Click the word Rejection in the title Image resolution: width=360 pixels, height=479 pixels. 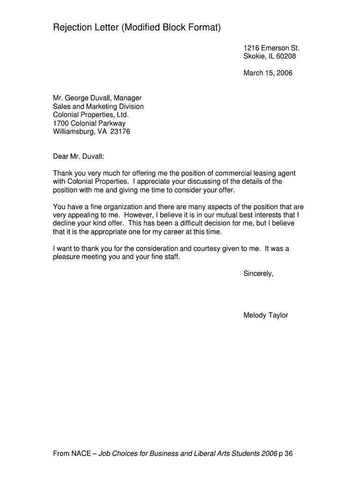pyautogui.click(x=73, y=29)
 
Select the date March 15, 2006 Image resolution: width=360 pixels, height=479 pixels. pyautogui.click(x=268, y=73)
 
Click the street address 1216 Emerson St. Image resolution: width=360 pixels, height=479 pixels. pyautogui.click(x=271, y=48)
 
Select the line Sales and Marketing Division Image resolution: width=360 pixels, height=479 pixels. pyautogui.click(x=98, y=107)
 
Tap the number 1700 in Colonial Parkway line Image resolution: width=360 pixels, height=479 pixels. pyautogui.click(x=60, y=123)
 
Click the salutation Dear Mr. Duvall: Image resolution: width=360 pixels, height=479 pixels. pyautogui.click(x=79, y=156)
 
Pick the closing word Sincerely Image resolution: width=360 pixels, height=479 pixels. pyautogui.click(x=258, y=274)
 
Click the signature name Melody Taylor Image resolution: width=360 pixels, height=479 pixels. pyautogui.click(x=266, y=315)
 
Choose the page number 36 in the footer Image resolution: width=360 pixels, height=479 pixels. pyautogui.click(x=288, y=454)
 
